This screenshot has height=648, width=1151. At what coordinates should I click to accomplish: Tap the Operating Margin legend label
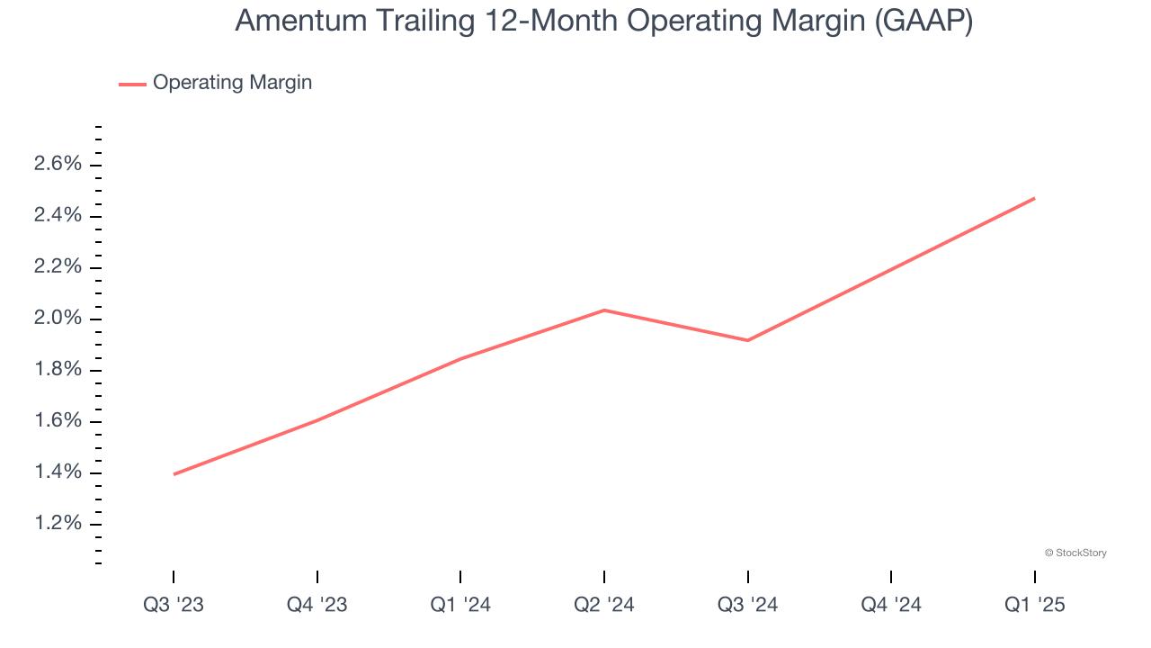[232, 83]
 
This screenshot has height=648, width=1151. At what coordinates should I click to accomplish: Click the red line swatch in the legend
[132, 84]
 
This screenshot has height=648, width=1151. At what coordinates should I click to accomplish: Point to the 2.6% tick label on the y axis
[58, 164]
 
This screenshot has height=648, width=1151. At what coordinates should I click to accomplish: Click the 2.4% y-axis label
[58, 215]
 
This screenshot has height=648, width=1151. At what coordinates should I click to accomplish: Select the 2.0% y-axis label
[58, 319]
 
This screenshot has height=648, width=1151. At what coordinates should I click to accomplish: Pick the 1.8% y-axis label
[58, 370]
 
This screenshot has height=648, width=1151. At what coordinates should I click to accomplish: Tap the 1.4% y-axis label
[58, 472]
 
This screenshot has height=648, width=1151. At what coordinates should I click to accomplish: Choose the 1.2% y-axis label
[58, 524]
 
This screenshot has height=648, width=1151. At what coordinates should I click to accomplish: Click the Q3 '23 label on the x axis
[174, 605]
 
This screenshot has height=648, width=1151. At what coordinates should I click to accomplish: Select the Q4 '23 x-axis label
[317, 605]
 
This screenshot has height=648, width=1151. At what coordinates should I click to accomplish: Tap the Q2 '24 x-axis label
[603, 605]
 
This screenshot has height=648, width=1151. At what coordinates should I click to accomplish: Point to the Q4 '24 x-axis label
[890, 605]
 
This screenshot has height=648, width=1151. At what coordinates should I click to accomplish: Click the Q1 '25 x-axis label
[1034, 605]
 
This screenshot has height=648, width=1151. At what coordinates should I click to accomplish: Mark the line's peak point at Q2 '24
[603, 310]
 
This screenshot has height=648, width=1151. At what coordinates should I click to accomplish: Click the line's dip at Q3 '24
[747, 340]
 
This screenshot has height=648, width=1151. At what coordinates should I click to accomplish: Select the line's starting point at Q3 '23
[174, 474]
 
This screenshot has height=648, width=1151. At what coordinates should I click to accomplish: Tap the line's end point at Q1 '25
[1034, 198]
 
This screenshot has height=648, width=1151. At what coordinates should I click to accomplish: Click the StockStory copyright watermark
[1075, 553]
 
